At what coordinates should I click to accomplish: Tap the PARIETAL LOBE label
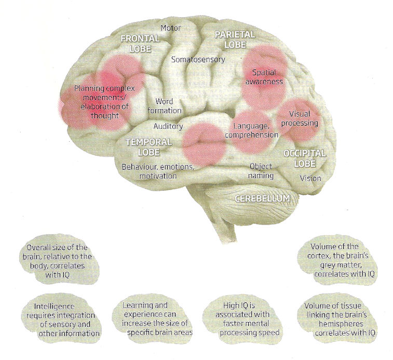[x=235, y=39]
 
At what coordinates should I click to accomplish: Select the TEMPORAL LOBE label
[x=148, y=146]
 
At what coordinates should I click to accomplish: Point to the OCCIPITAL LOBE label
[x=304, y=159]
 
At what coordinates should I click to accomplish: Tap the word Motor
[x=170, y=27]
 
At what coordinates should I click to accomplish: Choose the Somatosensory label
[x=198, y=59]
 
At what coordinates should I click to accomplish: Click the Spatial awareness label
[x=265, y=77]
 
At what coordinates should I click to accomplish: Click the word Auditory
[x=168, y=126]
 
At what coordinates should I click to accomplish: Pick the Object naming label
[x=261, y=171]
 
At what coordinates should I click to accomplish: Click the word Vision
[x=310, y=178]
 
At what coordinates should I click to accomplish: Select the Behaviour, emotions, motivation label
[x=158, y=172]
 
